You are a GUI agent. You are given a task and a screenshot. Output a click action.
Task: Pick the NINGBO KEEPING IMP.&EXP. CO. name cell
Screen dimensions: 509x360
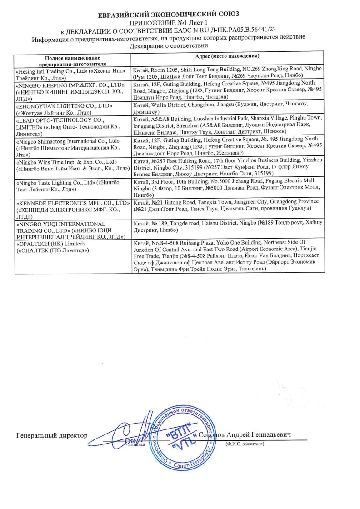point(72,91)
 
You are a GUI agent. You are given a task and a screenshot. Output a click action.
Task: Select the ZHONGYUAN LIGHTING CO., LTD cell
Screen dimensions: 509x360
point(72,109)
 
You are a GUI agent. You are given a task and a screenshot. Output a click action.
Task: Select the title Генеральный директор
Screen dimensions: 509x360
point(52,435)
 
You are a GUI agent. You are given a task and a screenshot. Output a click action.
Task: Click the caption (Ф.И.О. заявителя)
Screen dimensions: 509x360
point(245,444)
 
